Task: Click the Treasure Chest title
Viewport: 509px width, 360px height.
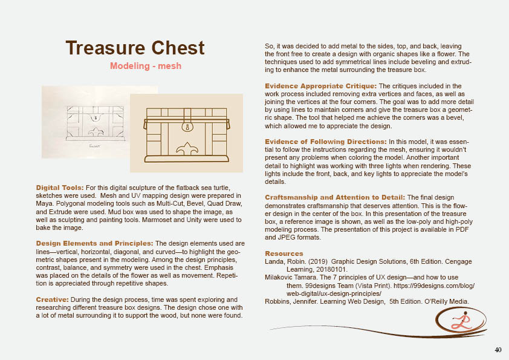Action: click(135, 48)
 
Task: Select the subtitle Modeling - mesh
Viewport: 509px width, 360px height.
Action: click(145, 65)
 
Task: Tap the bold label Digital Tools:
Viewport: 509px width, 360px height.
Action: click(60, 188)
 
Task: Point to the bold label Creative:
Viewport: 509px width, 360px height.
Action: click(53, 299)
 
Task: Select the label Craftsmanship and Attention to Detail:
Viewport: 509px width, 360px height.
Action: click(336, 197)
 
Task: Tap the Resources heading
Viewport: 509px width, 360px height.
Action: click(284, 253)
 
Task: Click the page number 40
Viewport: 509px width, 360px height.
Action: click(498, 350)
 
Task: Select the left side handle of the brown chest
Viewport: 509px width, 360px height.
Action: click(145, 123)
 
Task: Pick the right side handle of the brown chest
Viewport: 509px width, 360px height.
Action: click(229, 123)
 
